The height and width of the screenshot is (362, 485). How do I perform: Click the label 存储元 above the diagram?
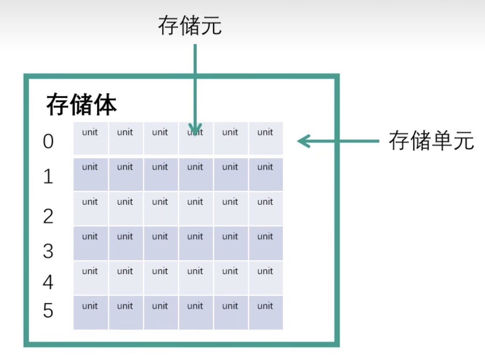point(189,26)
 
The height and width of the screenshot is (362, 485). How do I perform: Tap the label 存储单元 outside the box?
point(431,141)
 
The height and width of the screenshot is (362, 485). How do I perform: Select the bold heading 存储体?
point(82,105)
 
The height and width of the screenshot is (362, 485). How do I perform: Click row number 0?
point(48,142)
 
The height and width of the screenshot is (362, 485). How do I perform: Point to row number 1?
point(48,176)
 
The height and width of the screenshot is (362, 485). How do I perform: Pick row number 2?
point(48,216)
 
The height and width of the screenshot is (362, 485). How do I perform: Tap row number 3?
point(48,251)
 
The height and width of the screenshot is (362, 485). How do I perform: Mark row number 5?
point(48,311)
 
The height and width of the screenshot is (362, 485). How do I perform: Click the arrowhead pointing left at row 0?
point(302,141)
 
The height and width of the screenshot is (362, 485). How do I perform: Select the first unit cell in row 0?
point(90,138)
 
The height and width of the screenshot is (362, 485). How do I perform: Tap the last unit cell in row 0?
point(265,138)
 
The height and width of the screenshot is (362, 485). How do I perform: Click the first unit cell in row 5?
point(90,312)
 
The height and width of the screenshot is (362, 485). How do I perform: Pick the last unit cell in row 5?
point(265,312)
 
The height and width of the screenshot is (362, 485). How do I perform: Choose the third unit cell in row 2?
point(160,208)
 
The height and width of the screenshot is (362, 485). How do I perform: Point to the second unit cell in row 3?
point(125,243)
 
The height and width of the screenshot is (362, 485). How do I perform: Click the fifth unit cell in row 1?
point(230,174)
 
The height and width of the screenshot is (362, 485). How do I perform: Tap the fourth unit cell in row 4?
point(195,278)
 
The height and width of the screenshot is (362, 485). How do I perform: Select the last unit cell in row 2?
point(265,208)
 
